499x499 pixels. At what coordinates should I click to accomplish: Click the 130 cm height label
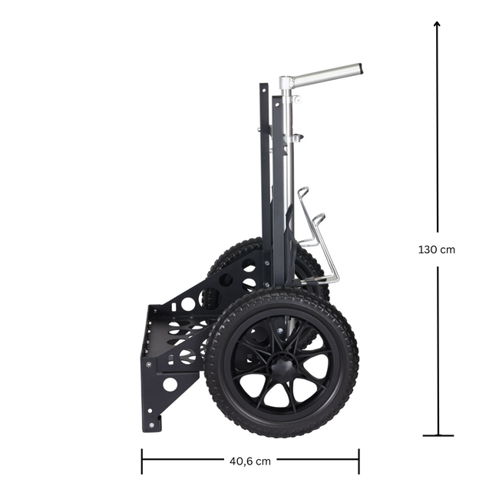pyautogui.click(x=437, y=249)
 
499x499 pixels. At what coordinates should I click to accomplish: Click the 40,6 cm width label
pyautogui.click(x=249, y=461)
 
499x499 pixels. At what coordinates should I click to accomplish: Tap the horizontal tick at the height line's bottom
pyautogui.click(x=438, y=435)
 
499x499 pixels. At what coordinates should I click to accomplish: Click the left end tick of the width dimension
pyautogui.click(x=141, y=461)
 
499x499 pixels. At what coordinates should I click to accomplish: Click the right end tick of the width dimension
pyautogui.click(x=359, y=461)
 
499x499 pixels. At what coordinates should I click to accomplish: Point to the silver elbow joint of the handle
pyautogui.click(x=286, y=83)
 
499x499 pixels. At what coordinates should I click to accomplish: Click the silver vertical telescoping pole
pyautogui.click(x=286, y=177)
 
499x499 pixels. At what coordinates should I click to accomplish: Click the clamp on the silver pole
pyautogui.click(x=293, y=138)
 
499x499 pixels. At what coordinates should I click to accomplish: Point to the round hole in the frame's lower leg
pyautogui.click(x=170, y=383)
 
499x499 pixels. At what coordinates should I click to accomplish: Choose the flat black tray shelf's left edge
pyautogui.click(x=146, y=338)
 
